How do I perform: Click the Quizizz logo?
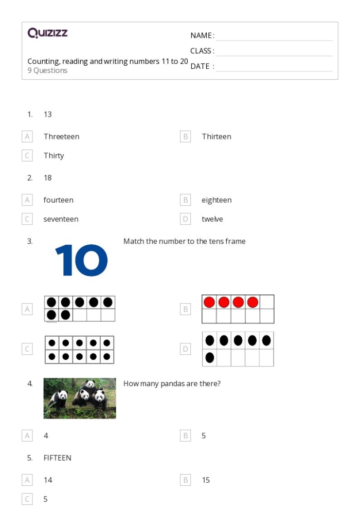pos(47,33)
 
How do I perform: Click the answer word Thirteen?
pos(217,137)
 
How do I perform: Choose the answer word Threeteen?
pos(61,137)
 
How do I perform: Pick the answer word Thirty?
pos(53,156)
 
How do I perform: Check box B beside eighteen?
pos(185,200)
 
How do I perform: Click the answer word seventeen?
pos(61,219)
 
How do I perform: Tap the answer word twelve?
pos(212,219)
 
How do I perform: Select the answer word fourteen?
pos(58,200)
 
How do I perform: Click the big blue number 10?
pos(81,261)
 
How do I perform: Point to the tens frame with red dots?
pos(238,309)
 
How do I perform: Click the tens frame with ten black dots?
pos(79,350)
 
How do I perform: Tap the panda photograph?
pos(80,398)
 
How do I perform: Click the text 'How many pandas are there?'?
pos(172,384)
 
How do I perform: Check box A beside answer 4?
pos(27,435)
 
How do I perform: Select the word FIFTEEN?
pos(57,458)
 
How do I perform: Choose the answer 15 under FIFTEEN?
pos(206,480)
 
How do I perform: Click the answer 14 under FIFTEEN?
pos(48,480)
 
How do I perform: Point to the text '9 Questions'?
pos(47,71)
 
